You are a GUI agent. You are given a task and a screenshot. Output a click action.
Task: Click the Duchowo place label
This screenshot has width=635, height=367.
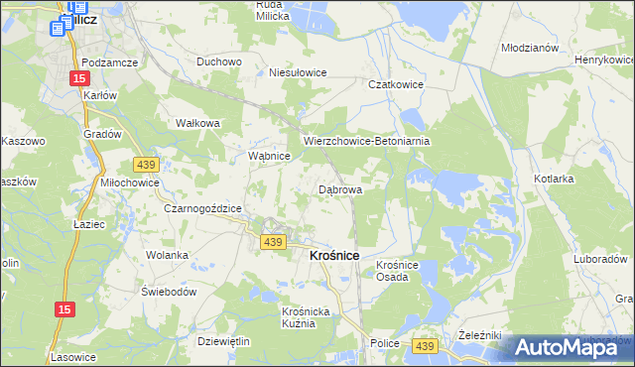pos(219,61)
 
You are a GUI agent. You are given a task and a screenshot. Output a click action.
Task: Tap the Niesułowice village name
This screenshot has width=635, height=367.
pos(299,72)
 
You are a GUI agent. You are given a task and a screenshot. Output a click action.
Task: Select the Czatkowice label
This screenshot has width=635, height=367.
pos(396,85)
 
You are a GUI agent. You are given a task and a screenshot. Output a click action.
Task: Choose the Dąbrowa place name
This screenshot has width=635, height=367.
pos(339,188)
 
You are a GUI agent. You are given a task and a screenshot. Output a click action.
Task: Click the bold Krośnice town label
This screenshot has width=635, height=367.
pos(327,256)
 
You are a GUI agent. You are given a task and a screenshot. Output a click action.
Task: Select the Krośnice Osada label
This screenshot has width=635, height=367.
pos(400,271)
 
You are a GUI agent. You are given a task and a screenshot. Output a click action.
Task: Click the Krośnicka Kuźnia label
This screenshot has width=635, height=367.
pos(298,317)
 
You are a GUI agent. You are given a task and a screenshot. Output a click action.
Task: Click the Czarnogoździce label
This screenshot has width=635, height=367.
pos(203,208)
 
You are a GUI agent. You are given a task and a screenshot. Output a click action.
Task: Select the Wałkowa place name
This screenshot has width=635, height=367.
pos(196,123)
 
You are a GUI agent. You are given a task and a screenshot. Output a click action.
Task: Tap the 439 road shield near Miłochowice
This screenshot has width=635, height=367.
pos(146,163)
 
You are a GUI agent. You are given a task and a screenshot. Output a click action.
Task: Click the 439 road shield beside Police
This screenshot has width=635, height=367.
pos(425,344)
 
